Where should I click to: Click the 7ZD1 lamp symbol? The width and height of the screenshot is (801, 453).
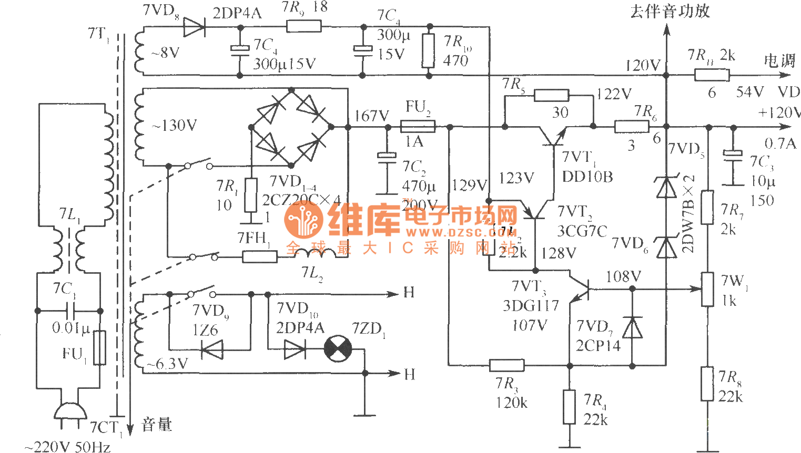(x=338, y=348)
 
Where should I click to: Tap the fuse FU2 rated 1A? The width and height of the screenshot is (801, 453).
(x=417, y=127)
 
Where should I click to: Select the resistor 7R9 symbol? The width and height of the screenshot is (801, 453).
(x=303, y=26)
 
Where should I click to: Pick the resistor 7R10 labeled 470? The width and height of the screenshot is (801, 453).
(x=429, y=51)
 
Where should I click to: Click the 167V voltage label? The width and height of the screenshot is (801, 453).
(x=371, y=116)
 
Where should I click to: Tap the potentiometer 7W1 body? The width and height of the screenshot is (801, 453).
(x=708, y=289)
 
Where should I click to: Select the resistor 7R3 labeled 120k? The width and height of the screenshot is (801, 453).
(x=506, y=365)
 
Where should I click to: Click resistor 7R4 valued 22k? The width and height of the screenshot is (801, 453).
(x=569, y=406)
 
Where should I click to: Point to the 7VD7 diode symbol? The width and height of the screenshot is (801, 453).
(x=632, y=328)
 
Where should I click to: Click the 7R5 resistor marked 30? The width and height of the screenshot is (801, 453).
(x=551, y=95)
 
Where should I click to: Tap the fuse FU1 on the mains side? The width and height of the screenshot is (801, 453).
(x=99, y=347)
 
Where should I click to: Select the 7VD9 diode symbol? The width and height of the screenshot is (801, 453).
(x=212, y=349)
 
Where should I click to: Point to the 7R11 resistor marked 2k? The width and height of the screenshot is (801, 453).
(x=711, y=75)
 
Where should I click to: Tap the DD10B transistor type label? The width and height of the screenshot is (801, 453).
(x=587, y=177)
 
